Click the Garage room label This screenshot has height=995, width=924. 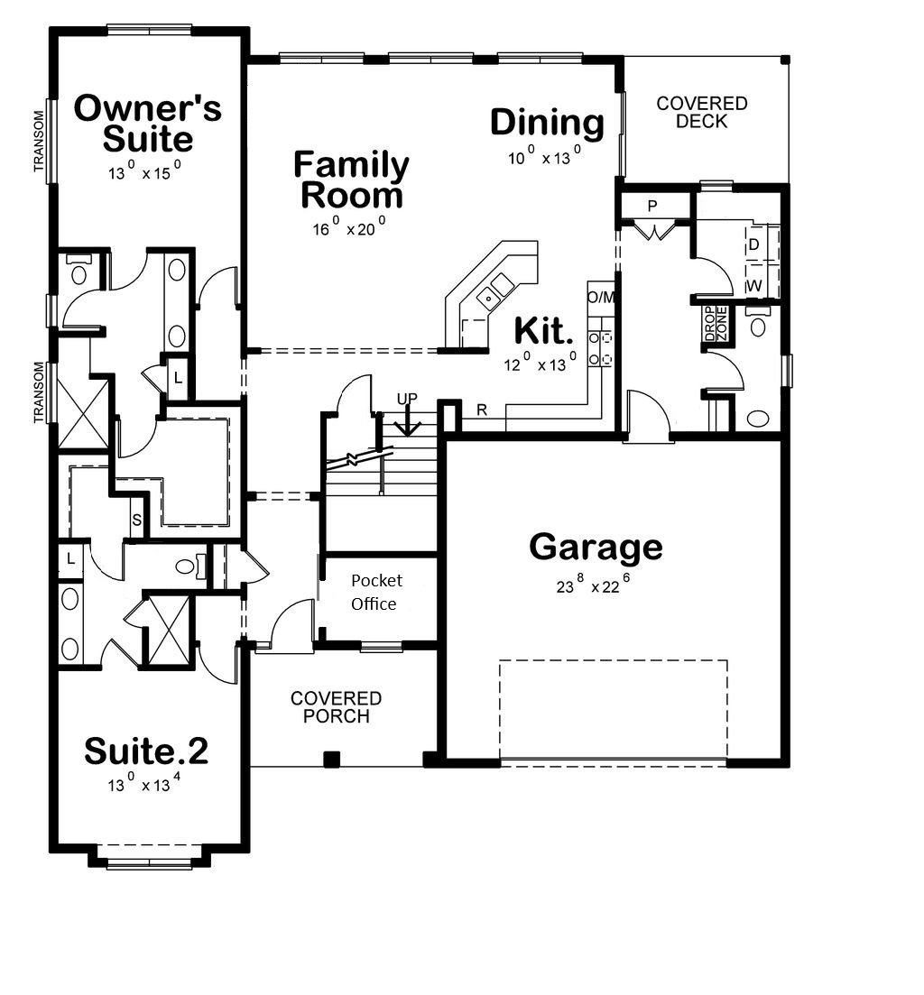596,548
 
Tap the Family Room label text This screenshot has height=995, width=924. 351,180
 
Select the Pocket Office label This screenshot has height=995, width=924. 375,592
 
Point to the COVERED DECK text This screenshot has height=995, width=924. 701,113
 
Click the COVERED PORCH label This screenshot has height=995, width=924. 336,707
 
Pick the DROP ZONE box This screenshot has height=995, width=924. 716,324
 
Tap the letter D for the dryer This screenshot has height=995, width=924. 754,244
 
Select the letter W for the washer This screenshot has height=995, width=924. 754,286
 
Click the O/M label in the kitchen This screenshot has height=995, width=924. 601,297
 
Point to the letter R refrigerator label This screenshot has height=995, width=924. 482,410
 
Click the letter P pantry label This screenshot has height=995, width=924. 651,207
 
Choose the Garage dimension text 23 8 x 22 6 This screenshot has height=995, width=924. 594,584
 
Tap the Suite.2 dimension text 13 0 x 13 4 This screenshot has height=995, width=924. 144,783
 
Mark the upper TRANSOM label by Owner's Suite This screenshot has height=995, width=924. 40,141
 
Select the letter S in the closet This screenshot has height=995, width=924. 136,521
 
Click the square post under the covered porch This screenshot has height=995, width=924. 331,759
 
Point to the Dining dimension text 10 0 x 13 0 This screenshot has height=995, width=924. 544,155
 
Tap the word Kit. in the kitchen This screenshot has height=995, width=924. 543,330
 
